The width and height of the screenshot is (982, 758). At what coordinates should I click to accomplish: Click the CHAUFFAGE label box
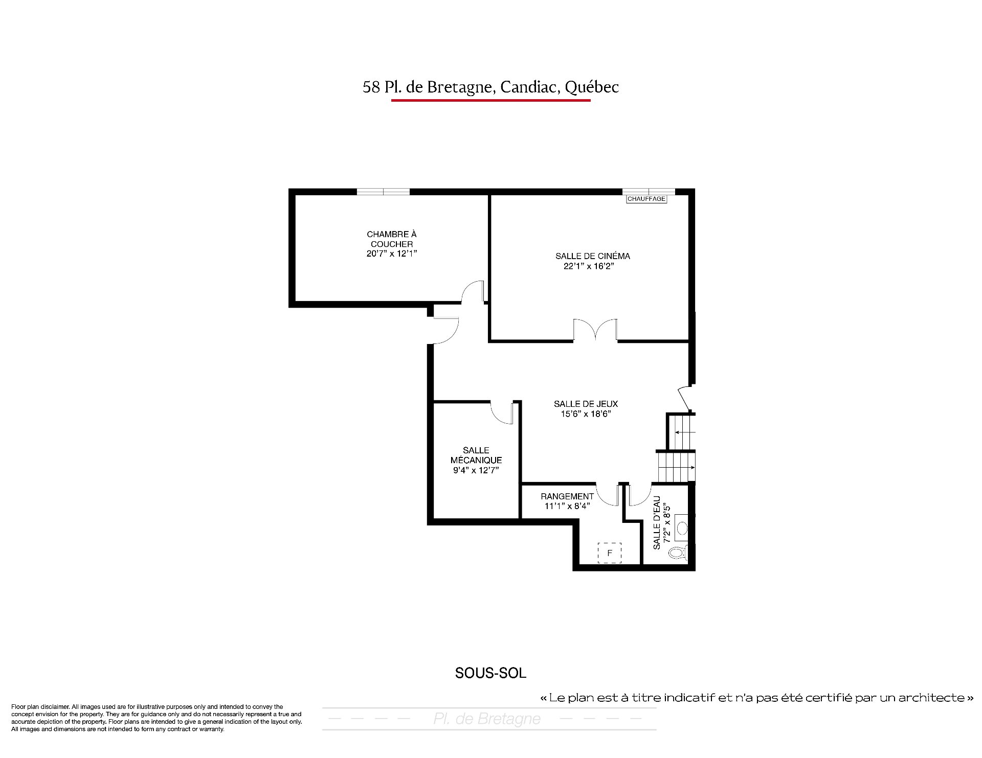point(646,199)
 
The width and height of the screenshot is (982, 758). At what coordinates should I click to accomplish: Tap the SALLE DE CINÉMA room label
point(593,256)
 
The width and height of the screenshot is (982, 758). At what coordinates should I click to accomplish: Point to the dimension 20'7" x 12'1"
point(392,254)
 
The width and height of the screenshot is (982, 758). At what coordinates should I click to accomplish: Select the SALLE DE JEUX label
point(586,404)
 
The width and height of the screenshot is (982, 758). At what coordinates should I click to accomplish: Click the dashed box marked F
point(610,553)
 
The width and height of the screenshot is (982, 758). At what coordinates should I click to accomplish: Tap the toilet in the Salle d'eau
point(679,552)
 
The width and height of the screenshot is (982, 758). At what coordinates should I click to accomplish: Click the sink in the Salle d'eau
point(682,529)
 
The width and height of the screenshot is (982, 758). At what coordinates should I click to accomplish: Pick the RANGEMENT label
point(567,496)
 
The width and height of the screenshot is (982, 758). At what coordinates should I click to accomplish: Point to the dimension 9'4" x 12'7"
point(476,470)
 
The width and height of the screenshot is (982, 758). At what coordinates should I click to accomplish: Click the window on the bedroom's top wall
point(383,192)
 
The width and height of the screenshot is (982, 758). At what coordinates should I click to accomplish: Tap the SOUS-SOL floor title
point(490,673)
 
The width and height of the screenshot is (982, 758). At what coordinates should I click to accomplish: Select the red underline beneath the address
point(491,100)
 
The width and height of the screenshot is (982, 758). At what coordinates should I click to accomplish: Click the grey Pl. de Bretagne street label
point(487,719)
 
